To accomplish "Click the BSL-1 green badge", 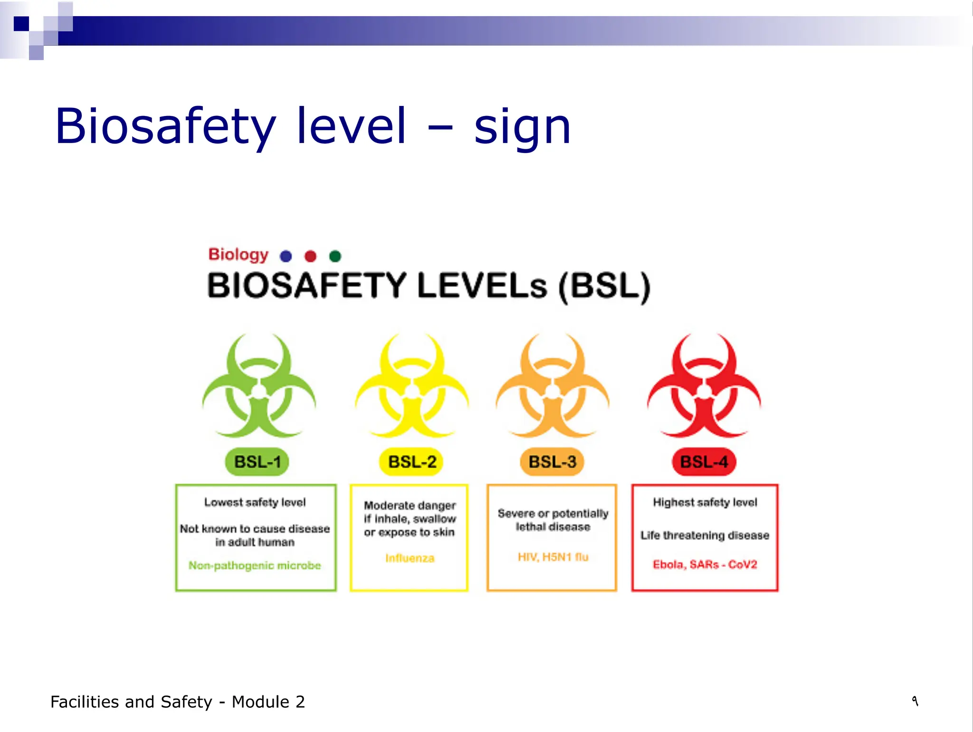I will click(257, 462).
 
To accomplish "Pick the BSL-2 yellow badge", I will click(411, 462).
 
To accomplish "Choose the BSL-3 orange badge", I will click(552, 462).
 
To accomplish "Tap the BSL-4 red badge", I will click(704, 462).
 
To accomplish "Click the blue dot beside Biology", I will click(286, 256).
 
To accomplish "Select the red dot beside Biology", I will click(310, 256).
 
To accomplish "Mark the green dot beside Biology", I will click(335, 256).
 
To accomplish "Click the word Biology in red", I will click(238, 254).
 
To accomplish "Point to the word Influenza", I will click(410, 558).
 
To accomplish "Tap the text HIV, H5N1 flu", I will click(553, 557).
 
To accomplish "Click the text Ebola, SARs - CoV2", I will click(705, 564).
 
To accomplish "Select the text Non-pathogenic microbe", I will click(255, 565).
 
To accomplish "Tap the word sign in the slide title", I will click(522, 127).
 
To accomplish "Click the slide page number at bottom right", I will click(915, 701).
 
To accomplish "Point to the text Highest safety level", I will click(705, 502).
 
